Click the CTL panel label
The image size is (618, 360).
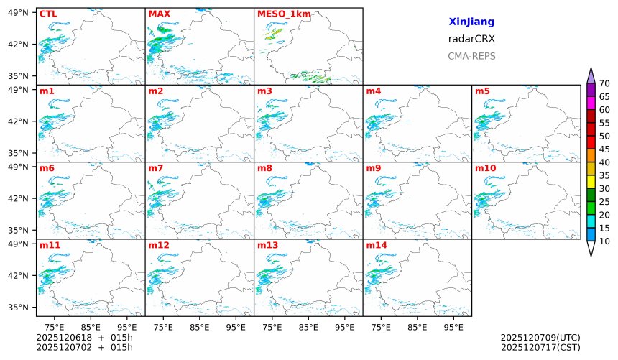point(48,14)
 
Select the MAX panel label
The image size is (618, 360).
point(158,14)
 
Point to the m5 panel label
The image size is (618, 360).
point(482,91)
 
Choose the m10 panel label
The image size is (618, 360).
point(485,168)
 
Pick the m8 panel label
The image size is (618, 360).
point(264,168)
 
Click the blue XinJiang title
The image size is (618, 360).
point(471,22)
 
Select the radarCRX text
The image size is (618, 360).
point(471,39)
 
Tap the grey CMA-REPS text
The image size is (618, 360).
point(471,56)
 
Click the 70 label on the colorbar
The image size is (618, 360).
point(604,84)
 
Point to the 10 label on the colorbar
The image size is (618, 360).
point(604,241)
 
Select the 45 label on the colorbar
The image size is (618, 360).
point(604,149)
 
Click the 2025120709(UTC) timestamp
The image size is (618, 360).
point(540,338)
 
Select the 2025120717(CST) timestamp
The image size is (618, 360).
point(540,348)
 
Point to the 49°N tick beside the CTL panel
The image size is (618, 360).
point(18,12)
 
